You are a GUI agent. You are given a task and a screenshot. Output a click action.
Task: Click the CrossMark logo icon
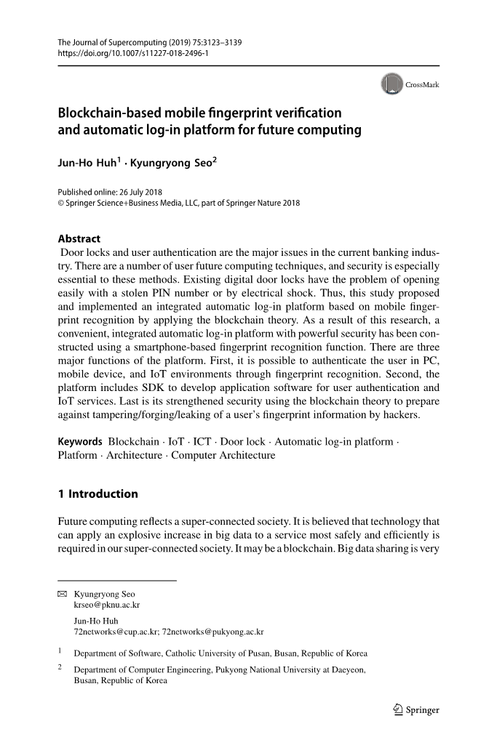point(391,84)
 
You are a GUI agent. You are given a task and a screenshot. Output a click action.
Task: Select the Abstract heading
point(79,238)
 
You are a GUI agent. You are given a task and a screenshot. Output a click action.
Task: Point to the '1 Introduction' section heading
point(98,494)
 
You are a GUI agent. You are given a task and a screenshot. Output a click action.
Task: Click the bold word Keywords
point(80,441)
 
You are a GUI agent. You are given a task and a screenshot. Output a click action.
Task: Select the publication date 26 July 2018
point(141,192)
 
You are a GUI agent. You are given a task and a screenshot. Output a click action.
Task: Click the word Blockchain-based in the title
point(108,113)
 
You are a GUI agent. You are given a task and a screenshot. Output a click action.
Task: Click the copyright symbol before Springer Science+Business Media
point(61,203)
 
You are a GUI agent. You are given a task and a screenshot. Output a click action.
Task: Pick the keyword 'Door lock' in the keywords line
point(242,441)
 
